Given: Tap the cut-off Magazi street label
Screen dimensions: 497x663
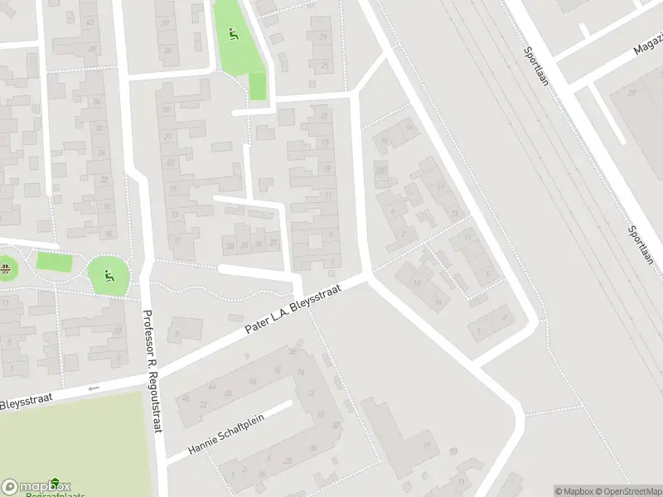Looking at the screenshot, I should coord(648,45).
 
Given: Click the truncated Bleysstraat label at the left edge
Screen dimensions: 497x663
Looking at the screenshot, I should coord(27,402).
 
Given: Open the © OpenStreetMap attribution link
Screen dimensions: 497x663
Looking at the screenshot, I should coord(627,491).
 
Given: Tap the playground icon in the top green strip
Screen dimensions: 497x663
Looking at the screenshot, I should coord(234,35).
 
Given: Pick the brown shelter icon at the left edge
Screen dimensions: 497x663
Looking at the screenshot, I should coord(6,268).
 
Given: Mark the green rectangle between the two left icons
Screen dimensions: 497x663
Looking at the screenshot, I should coord(54,263).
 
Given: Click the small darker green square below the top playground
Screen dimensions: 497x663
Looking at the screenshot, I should coord(258,86).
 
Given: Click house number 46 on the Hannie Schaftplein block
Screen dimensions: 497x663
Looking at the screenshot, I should coord(185,398).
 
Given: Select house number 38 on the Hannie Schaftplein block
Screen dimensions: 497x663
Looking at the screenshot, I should coord(293,352).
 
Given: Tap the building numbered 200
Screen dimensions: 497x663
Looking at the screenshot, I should coord(380,170).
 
